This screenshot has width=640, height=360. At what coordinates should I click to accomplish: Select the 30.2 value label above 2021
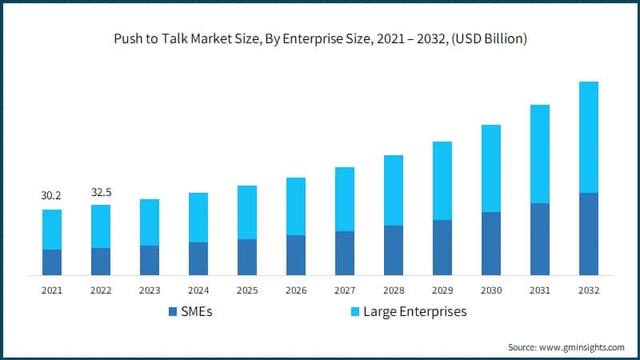click(52, 195)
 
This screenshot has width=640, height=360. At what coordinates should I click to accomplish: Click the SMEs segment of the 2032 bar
click(588, 234)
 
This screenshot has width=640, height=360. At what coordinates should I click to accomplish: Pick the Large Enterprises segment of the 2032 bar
click(588, 137)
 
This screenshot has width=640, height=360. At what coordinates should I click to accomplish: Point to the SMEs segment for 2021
click(52, 262)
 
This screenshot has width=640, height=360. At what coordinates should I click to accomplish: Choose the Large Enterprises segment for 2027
click(345, 199)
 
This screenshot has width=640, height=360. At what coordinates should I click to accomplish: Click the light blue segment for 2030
click(490, 168)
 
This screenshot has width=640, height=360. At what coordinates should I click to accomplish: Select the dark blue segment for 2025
click(247, 257)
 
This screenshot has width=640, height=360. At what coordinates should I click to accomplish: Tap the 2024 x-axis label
click(198, 290)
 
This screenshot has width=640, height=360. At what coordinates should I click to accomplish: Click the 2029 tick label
click(442, 290)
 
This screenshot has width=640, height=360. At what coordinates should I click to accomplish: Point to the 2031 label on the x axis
click(539, 290)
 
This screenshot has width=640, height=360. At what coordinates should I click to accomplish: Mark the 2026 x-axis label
click(296, 290)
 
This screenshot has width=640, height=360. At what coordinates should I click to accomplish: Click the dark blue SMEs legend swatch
click(174, 311)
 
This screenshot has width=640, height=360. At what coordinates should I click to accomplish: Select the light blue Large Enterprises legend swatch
click(353, 311)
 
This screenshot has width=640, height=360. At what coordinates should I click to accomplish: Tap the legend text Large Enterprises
click(414, 311)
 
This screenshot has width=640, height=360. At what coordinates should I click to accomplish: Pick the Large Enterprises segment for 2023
click(150, 222)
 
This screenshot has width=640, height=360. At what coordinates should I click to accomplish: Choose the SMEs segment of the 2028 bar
click(394, 250)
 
